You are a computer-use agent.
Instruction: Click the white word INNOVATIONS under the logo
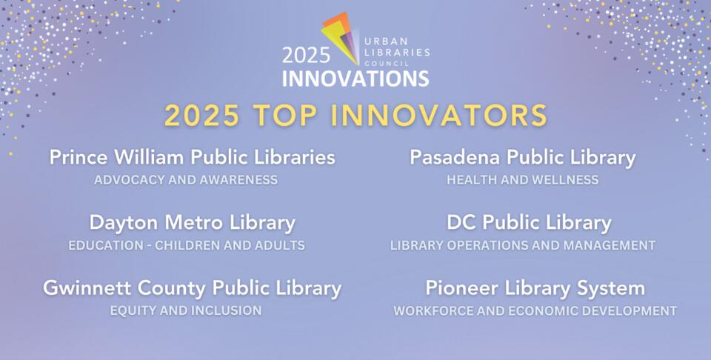coord(355,78)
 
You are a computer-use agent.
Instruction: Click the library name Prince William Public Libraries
coord(192,158)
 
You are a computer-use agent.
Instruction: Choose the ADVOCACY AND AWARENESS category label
coord(186,180)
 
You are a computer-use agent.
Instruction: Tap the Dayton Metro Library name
coord(192,223)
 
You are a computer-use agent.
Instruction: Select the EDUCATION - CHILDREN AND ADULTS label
coord(186,245)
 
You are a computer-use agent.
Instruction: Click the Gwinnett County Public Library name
coord(192,288)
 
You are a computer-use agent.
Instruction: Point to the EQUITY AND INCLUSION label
coord(186,310)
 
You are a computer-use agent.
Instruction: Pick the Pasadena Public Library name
coord(522,158)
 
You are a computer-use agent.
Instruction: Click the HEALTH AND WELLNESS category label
coord(522,180)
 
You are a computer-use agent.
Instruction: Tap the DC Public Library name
coord(529,223)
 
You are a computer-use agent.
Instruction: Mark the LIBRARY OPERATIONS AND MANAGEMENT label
coord(523,245)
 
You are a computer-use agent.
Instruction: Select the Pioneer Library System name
coord(535,288)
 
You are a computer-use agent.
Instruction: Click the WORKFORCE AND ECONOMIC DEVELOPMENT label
coord(535,310)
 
